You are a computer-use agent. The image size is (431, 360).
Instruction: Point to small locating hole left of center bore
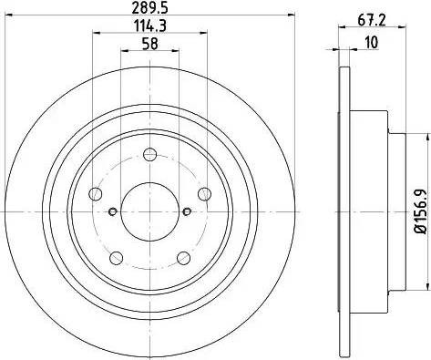click(x=112, y=211)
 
